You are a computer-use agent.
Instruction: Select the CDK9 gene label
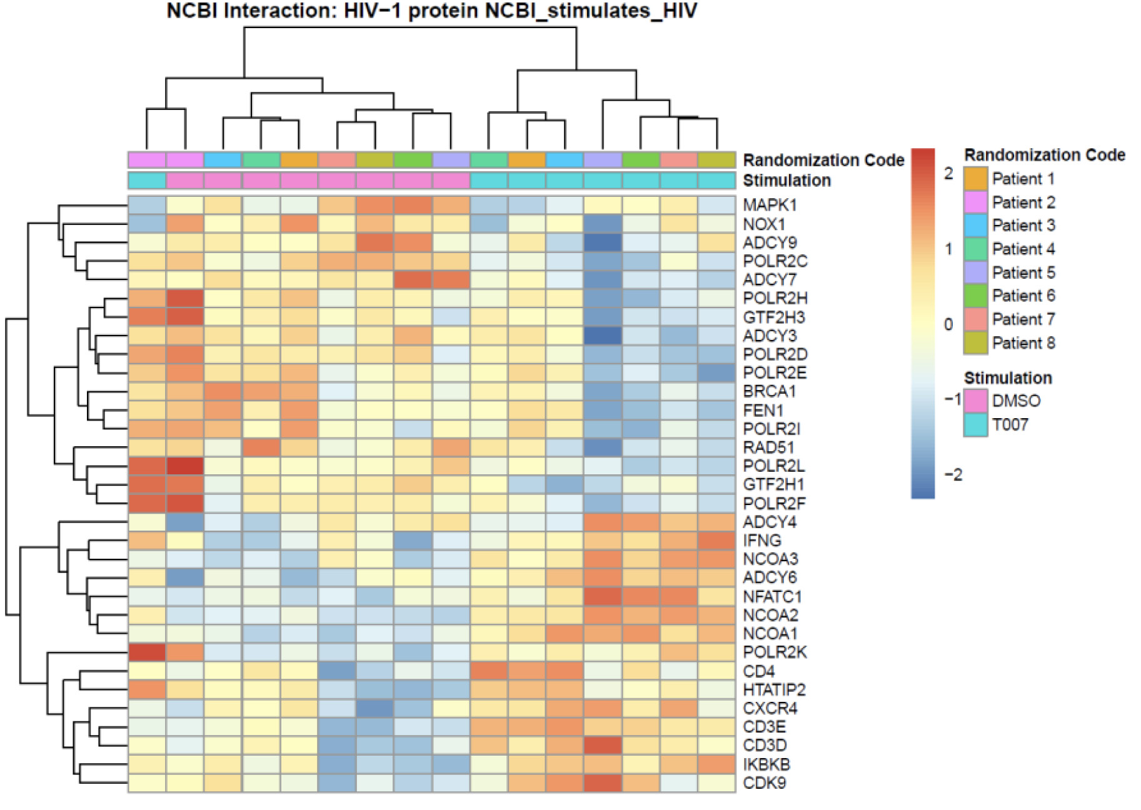click(764, 783)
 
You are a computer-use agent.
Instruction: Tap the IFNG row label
click(762, 541)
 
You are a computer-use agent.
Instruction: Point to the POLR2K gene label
click(775, 652)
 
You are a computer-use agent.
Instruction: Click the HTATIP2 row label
click(774, 690)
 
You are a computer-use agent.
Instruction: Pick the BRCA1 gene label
click(769, 392)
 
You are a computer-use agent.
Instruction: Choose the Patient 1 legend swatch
click(975, 179)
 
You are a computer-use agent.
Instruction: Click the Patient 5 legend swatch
click(975, 272)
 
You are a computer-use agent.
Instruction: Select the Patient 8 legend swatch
click(975, 343)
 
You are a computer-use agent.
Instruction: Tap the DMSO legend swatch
click(975, 401)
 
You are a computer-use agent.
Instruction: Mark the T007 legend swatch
click(975, 425)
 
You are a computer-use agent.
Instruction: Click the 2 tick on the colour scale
click(948, 174)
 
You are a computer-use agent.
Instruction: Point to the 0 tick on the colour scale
click(948, 324)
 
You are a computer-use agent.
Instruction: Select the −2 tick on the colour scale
click(953, 475)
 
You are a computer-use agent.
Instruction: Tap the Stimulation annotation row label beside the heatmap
click(787, 181)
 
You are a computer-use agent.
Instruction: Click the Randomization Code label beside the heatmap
click(823, 160)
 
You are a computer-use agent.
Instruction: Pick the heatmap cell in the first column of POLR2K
click(147, 652)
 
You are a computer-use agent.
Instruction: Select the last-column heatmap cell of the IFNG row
click(716, 541)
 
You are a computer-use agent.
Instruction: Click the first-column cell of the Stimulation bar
click(147, 181)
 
